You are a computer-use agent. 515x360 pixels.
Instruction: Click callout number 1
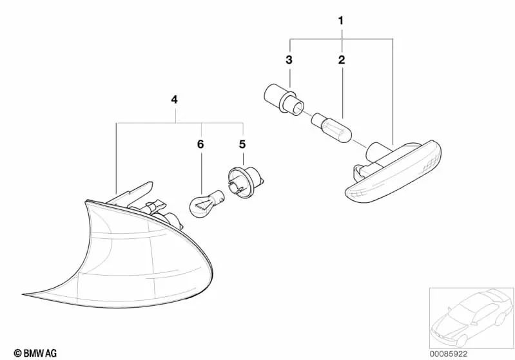point(341,21)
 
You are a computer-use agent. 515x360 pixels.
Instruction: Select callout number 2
point(342,60)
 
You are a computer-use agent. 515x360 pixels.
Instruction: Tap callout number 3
point(289,60)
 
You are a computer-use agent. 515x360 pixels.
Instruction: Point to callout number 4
point(175,99)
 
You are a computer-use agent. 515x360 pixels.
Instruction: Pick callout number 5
point(242,144)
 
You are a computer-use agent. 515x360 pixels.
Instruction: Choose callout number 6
point(200,144)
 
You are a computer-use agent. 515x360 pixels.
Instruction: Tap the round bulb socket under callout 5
point(246,182)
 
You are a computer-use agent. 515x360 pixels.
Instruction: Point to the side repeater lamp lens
point(394,173)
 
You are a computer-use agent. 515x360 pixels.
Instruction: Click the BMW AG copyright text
point(35,353)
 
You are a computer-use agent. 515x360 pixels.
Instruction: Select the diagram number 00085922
point(449,354)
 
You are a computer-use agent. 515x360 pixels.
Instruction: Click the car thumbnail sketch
point(471,317)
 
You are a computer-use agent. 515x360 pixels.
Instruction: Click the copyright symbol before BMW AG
point(17,354)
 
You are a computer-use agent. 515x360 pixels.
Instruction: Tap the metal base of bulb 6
point(218,196)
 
